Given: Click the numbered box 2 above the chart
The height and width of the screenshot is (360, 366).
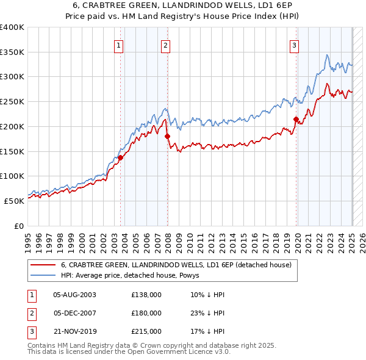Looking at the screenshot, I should pos(165,45).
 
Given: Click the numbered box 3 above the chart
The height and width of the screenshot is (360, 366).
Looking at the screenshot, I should pos(294,45).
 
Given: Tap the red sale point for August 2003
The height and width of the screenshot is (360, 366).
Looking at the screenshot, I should pos(120,157).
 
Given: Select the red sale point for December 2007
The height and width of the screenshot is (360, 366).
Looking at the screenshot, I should pos(167,136).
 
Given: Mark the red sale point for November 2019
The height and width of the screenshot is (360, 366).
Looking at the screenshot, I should pos(296,119).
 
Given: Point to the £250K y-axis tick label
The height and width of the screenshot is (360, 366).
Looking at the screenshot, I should pos(12,102).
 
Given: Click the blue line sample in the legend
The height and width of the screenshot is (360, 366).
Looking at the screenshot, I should pos(43,275).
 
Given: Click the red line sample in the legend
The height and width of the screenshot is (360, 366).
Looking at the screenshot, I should pos(43,265).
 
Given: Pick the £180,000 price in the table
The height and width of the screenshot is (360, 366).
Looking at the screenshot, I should pos(146,313).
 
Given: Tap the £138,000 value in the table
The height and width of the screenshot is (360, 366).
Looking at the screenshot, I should pos(146,295).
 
